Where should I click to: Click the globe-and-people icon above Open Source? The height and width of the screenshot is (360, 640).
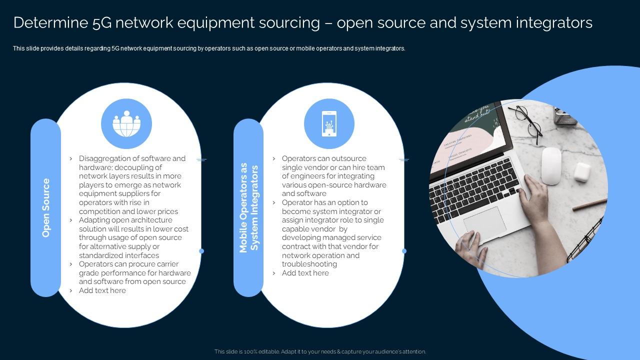[x=126, y=123]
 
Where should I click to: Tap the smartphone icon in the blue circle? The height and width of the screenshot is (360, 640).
[x=329, y=123]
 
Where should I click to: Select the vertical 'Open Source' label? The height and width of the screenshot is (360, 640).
[x=46, y=207]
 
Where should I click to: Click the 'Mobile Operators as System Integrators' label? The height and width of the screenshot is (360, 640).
[x=248, y=207]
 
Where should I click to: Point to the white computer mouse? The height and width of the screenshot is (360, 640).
[x=551, y=165]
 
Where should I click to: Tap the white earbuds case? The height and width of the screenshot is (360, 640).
[x=582, y=171]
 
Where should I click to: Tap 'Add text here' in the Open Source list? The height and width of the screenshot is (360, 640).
[x=102, y=290]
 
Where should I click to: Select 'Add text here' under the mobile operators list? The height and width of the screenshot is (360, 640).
[x=305, y=273]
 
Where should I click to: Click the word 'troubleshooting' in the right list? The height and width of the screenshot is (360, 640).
[x=309, y=264]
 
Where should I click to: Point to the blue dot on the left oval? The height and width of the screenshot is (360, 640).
[x=201, y=251]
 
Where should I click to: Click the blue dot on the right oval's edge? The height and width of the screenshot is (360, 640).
[x=404, y=251]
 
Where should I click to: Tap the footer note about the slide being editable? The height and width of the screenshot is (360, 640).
[x=320, y=351]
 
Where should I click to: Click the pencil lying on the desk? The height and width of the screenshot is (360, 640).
[x=589, y=204]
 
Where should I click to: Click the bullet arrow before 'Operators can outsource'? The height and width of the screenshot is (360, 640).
[x=274, y=158]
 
